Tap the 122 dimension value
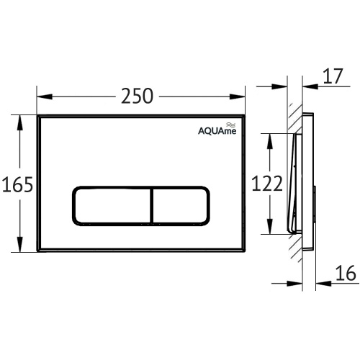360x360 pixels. pyautogui.click(x=266, y=184)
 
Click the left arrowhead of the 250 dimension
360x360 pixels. pyautogui.click(x=42, y=96)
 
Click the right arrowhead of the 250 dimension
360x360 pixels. pyautogui.click(x=240, y=96)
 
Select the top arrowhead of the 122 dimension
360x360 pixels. pyautogui.click(x=269, y=138)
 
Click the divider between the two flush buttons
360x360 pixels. pyautogui.click(x=151, y=207)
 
